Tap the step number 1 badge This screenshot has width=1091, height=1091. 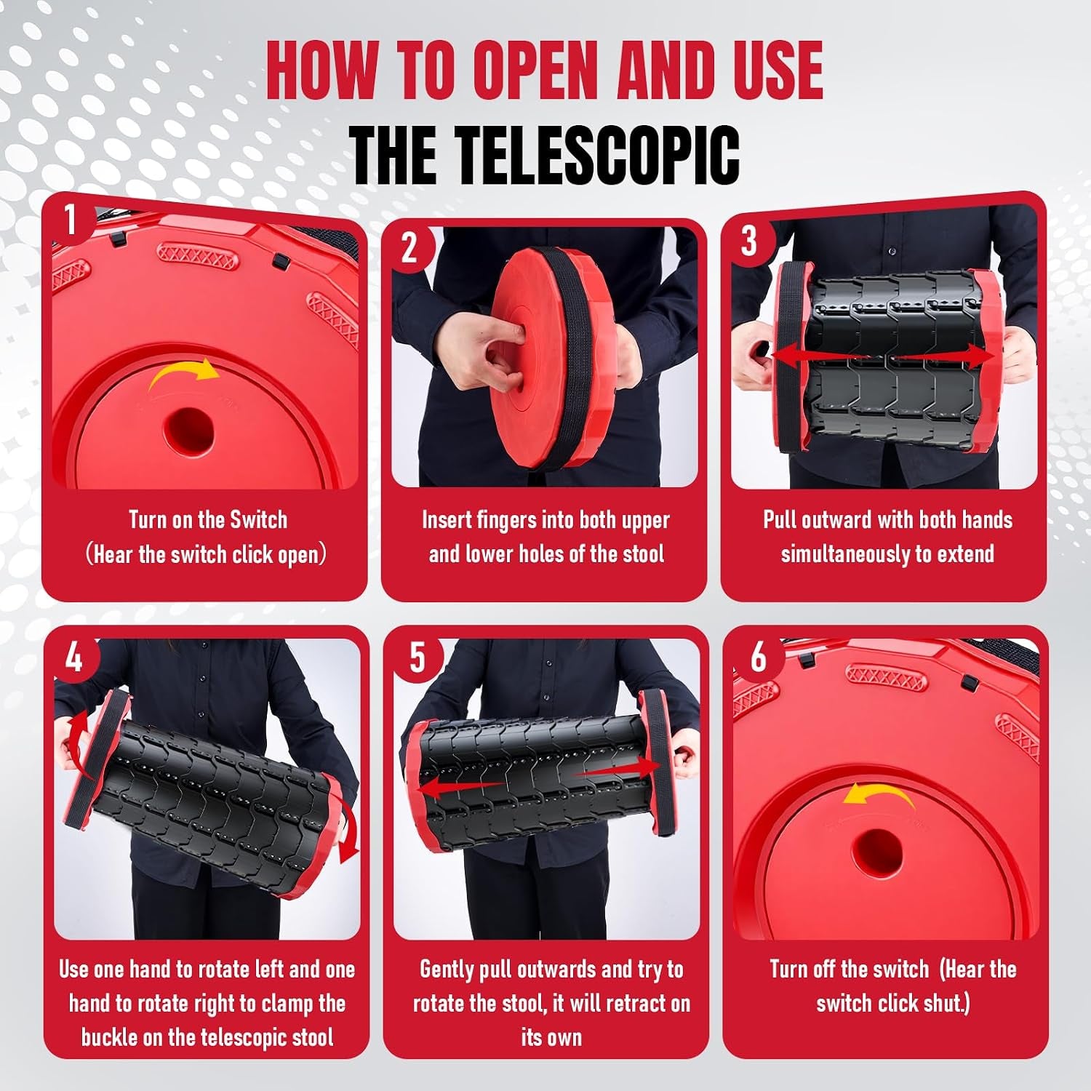click(x=70, y=219)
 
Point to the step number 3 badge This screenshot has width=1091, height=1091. click(x=748, y=240)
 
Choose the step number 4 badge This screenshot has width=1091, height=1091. click(x=74, y=658)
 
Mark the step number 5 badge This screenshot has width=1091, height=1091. click(x=416, y=658)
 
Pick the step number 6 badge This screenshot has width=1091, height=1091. click(x=758, y=657)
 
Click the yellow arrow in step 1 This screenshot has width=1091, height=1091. click(x=183, y=372)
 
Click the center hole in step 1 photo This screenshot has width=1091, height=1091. click(x=188, y=428)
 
